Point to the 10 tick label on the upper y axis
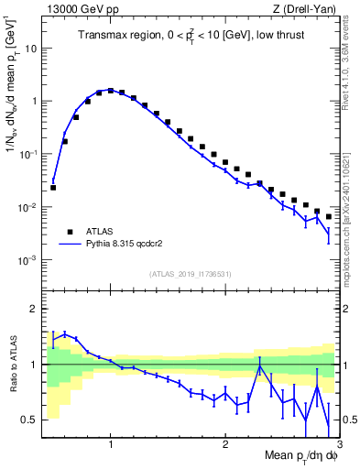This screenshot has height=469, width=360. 33,49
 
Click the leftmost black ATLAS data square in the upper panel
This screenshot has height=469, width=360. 53,187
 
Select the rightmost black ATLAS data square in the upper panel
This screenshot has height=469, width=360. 328,216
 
